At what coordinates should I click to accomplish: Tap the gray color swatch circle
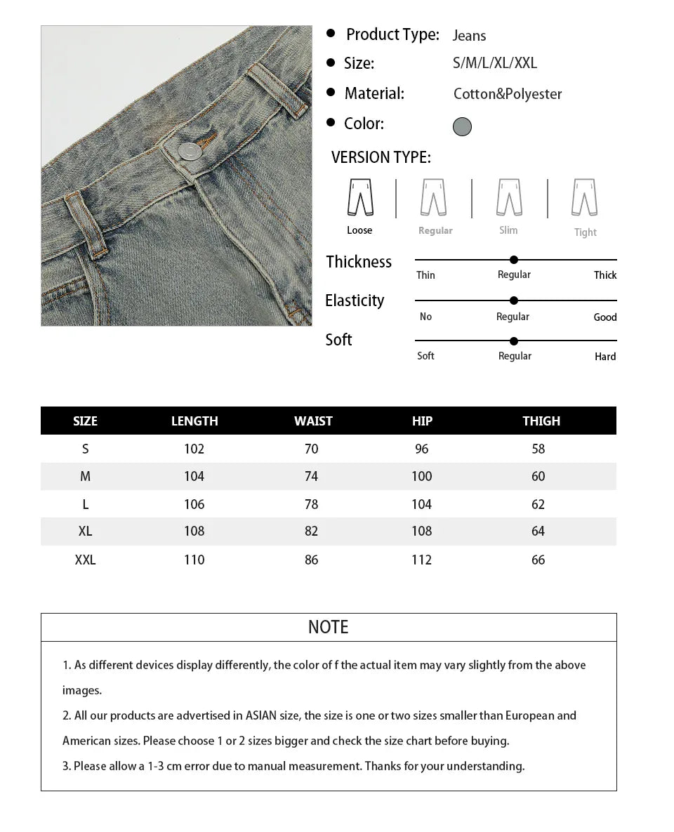462,126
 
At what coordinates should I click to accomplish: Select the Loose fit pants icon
360,197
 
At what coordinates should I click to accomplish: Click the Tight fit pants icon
584,197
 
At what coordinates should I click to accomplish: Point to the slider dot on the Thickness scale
514,260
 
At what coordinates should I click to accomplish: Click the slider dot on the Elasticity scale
514,301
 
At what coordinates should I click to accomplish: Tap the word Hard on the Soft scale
605,357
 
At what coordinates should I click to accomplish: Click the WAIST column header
313,421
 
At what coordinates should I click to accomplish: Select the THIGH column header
541,421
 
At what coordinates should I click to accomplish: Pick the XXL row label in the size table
85,560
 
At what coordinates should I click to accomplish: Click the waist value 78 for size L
312,504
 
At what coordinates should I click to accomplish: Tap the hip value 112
422,560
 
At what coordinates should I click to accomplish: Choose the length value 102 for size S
194,449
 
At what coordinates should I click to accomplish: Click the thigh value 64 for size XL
538,531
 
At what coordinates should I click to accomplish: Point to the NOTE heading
329,627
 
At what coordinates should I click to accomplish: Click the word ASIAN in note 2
261,715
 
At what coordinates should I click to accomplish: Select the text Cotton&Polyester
508,94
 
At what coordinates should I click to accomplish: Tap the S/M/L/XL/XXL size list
495,63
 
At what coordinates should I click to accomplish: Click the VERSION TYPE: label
381,157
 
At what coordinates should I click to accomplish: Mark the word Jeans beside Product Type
469,36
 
